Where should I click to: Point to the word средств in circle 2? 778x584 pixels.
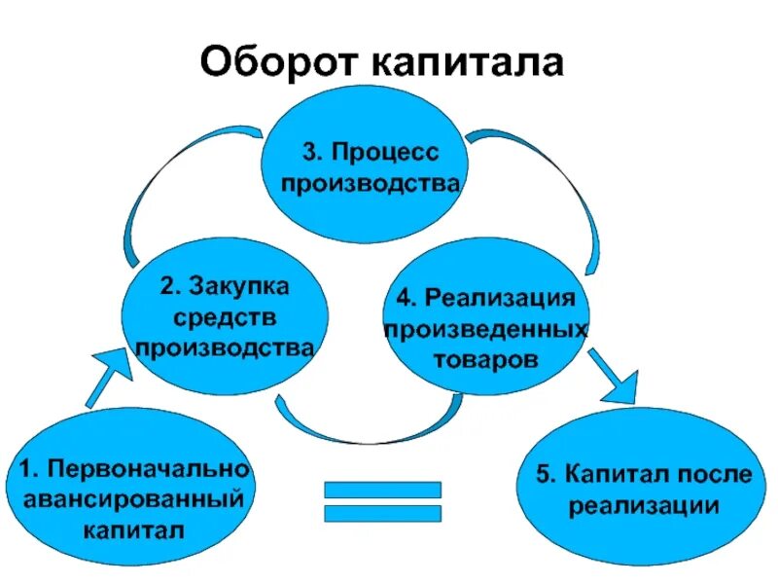coord(225,317)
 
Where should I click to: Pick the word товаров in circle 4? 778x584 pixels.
coord(486,358)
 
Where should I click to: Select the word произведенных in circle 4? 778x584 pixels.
coord(485,328)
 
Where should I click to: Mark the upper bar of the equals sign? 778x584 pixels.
coord(381,491)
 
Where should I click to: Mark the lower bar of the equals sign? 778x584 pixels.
coord(381,514)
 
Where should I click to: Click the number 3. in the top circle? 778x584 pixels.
coord(311,153)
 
